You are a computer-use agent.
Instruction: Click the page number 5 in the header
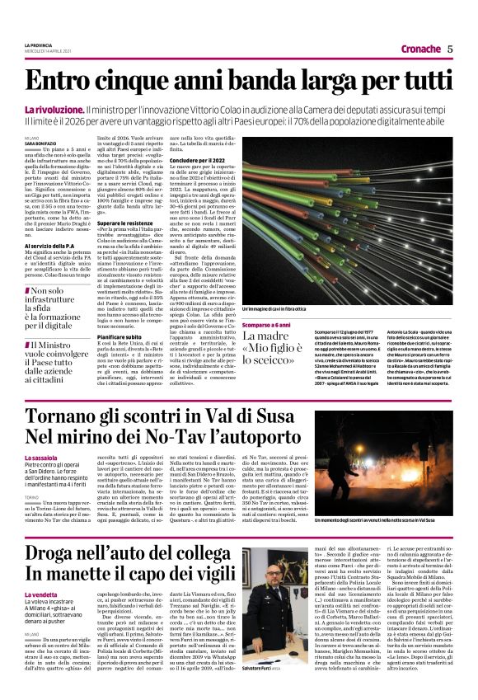[x=450, y=49]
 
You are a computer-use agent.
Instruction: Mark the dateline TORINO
[x=32, y=494]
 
